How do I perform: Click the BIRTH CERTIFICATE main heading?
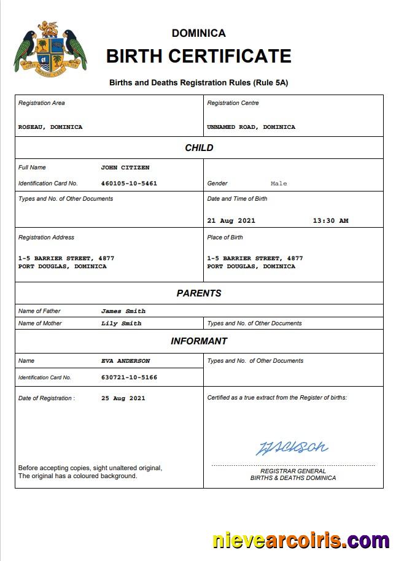pyautogui.click(x=198, y=56)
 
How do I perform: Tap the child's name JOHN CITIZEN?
pyautogui.click(x=125, y=168)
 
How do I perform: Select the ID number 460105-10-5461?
pyautogui.click(x=129, y=184)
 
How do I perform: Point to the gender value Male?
pyautogui.click(x=279, y=184)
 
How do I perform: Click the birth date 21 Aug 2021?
pyautogui.click(x=231, y=221)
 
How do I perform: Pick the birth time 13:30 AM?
pyautogui.click(x=330, y=221)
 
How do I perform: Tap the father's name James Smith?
pyautogui.click(x=123, y=311)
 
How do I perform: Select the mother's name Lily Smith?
pyautogui.click(x=122, y=323)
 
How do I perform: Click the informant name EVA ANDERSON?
pyautogui.click(x=126, y=361)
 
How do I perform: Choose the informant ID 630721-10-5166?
pyautogui.click(x=129, y=377)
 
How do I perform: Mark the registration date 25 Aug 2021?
pyautogui.click(x=123, y=398)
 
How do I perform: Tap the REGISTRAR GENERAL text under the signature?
pyautogui.click(x=293, y=471)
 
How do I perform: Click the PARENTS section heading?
pyautogui.click(x=199, y=293)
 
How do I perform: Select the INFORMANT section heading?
pyautogui.click(x=199, y=341)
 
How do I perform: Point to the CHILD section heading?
pyautogui.click(x=199, y=148)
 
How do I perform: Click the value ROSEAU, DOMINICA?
pyautogui.click(x=50, y=127)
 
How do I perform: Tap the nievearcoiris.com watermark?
pyautogui.click(x=301, y=541)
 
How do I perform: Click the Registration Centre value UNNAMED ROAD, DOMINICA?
pyautogui.click(x=251, y=127)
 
